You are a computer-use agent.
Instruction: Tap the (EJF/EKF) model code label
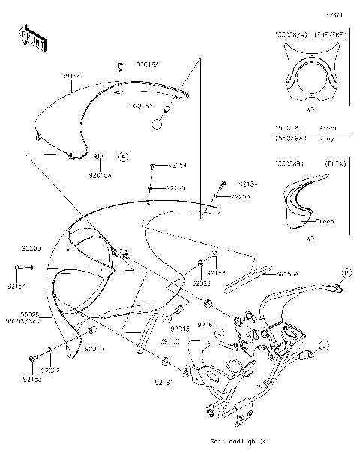(324, 34)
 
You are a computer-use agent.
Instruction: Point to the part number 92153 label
(34, 379)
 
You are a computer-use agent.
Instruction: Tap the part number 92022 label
(51, 370)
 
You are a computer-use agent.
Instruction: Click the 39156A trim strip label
(289, 274)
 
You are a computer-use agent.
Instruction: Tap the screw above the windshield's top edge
(118, 69)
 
